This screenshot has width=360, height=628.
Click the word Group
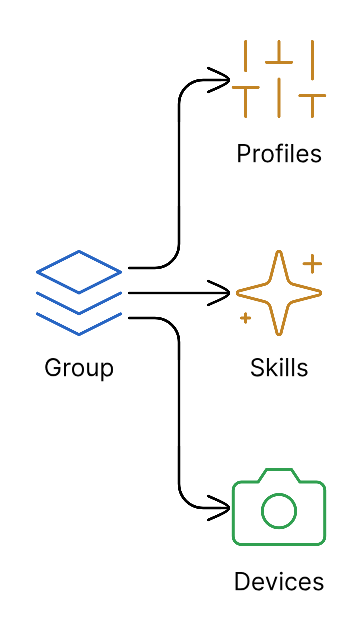(x=79, y=368)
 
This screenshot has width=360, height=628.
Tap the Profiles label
(x=279, y=154)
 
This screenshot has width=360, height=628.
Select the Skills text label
(x=279, y=368)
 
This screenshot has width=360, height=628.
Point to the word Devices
(x=279, y=582)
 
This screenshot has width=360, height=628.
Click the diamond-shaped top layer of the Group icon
(x=79, y=271)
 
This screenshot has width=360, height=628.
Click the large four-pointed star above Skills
(x=278, y=293)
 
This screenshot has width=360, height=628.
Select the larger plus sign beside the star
(x=313, y=264)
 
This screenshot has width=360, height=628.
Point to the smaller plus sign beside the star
(x=245, y=318)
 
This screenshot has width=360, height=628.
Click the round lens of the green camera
(x=279, y=512)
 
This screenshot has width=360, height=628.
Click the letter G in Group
(x=53, y=368)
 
